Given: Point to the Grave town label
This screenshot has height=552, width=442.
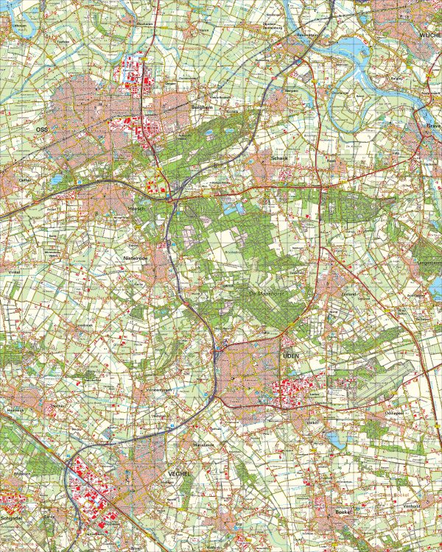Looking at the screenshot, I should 433,126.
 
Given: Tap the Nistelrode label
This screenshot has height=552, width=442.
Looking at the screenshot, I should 138,259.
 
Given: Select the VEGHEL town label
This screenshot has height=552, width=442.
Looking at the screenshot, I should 179,474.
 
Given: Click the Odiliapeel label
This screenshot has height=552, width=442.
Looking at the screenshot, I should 394,414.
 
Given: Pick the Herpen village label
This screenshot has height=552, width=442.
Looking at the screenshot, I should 290,90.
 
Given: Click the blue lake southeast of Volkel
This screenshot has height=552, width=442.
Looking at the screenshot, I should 335,440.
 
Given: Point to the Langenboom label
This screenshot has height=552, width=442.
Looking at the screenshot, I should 429,261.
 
